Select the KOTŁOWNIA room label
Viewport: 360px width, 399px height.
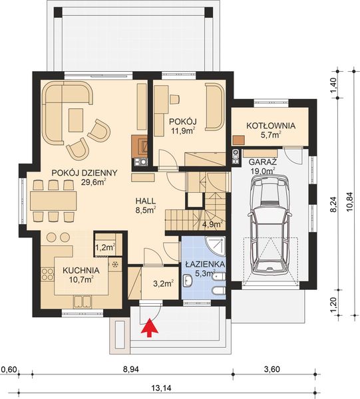click(271, 126)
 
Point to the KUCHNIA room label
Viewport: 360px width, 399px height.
click(81, 271)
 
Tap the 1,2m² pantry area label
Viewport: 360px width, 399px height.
click(104, 247)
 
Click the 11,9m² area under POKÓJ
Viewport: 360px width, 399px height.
click(180, 131)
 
